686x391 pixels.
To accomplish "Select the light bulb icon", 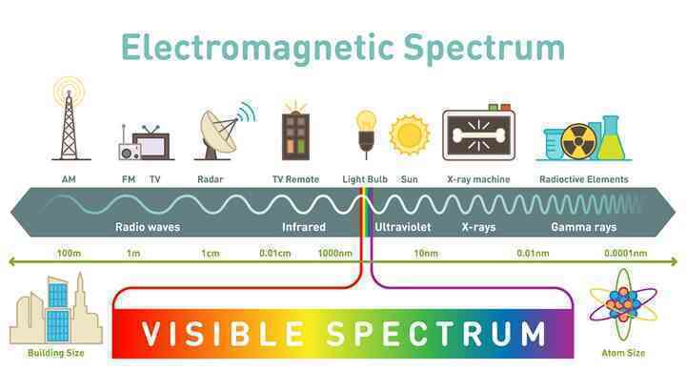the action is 366,133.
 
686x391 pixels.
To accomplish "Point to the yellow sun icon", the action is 410,135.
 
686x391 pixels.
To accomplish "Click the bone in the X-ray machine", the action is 478,135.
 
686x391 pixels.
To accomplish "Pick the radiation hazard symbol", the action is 578,142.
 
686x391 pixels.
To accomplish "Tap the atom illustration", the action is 623,305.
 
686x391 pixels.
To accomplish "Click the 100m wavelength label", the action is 69,253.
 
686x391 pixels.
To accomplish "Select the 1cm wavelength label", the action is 211,253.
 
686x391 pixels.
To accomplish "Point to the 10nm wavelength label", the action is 426,253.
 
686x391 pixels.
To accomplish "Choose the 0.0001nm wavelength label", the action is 626,253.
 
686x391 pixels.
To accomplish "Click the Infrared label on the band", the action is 304,227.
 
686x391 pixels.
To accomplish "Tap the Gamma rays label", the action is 584,227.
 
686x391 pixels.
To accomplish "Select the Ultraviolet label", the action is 403,227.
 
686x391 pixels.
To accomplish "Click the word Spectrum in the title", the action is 484,49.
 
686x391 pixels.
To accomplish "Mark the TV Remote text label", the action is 295,179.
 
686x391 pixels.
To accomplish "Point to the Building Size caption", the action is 55,353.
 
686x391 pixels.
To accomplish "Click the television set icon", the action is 151,143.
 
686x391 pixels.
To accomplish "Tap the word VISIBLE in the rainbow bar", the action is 223,334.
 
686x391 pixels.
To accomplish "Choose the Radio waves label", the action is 148,227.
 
